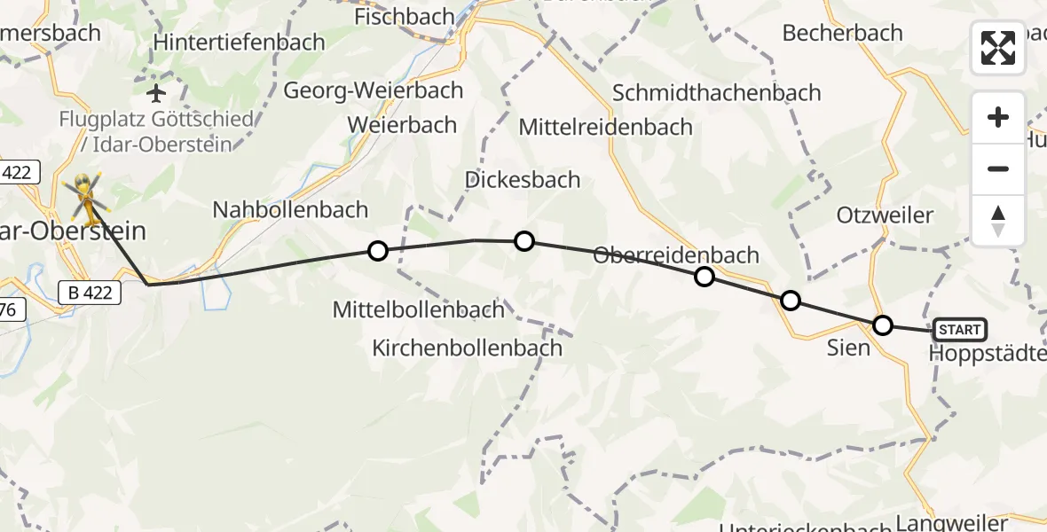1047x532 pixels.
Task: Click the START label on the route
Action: click(959, 331)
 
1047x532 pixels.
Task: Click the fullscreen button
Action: click(998, 48)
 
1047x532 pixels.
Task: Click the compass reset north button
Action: click(998, 221)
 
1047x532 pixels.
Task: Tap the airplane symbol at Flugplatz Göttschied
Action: click(157, 92)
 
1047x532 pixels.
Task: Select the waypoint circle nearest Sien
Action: click(882, 325)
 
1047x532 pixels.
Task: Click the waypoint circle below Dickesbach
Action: click(524, 241)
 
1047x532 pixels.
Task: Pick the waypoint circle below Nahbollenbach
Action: click(378, 251)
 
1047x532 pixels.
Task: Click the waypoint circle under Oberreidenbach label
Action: click(704, 277)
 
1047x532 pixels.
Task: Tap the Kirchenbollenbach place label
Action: click(467, 348)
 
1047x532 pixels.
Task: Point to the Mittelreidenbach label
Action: click(605, 127)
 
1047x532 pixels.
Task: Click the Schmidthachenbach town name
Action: click(717, 93)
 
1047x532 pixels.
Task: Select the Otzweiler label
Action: click(885, 215)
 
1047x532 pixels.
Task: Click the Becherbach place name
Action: click(842, 33)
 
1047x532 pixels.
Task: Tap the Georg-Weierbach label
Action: click(374, 90)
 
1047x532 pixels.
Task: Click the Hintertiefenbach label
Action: click(241, 42)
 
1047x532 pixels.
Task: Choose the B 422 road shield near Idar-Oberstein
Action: click(90, 292)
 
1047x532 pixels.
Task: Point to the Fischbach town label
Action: click(404, 17)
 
